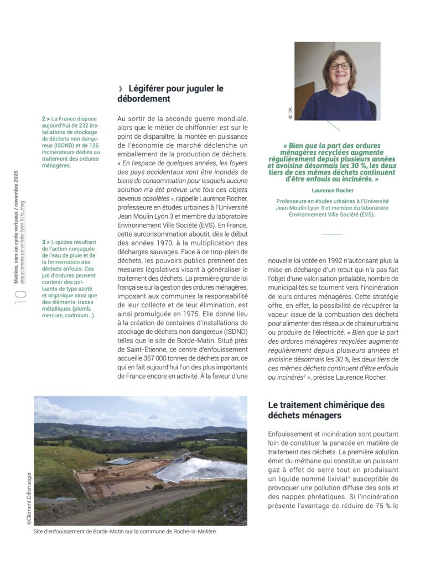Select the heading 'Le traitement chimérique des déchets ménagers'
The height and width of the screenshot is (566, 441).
(x=327, y=410)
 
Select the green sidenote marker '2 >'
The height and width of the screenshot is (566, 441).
(x=46, y=119)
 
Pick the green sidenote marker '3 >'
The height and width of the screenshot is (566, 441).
(x=46, y=242)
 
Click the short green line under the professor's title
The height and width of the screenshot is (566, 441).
(x=332, y=234)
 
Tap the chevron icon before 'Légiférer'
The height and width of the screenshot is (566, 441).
(x=120, y=88)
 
